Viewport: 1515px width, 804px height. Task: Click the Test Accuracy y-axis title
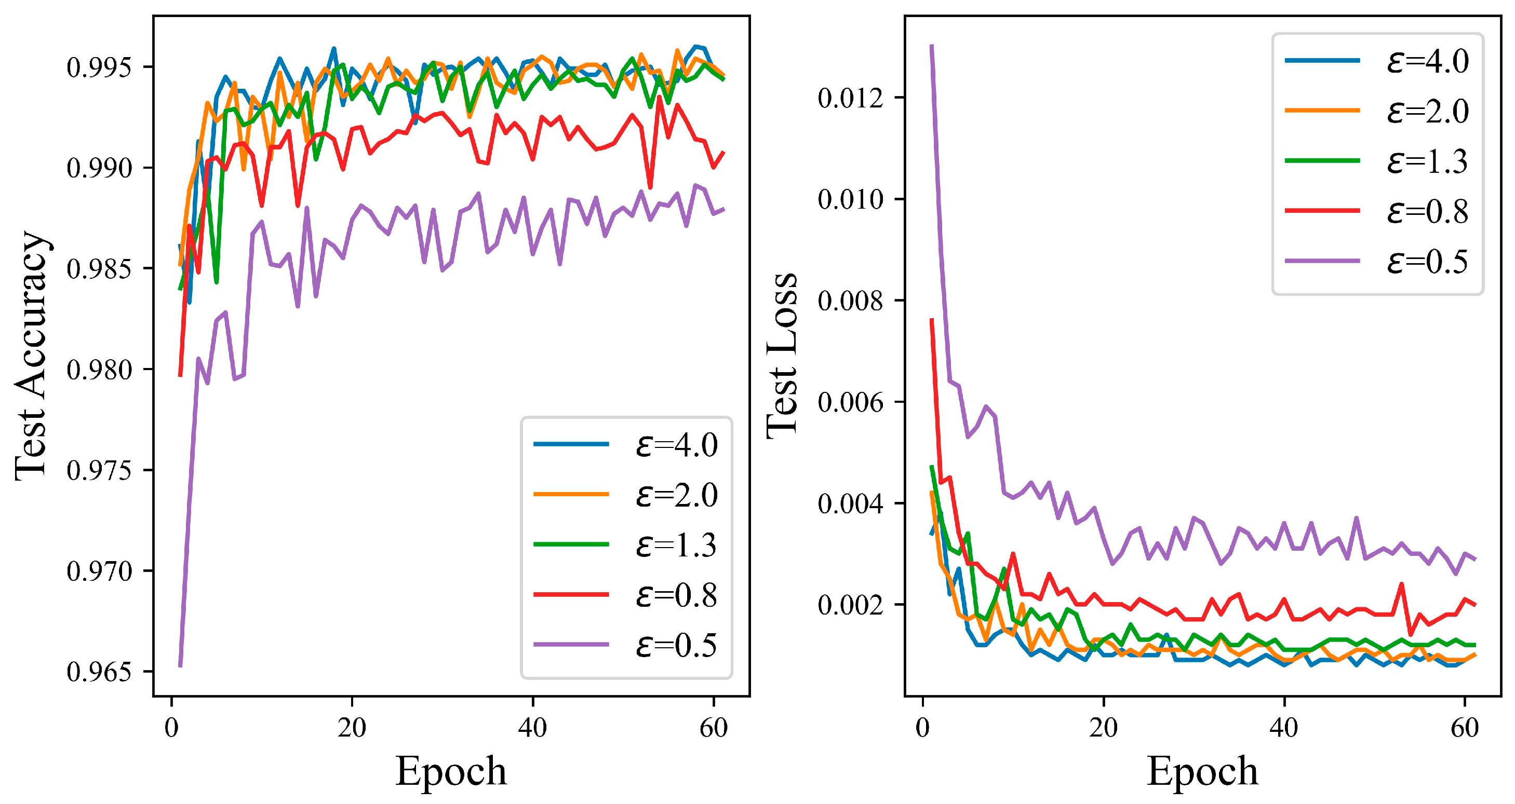click(x=31, y=356)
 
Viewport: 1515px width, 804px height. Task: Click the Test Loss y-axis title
click(x=782, y=356)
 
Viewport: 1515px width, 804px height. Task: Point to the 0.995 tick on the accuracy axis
click(x=99, y=67)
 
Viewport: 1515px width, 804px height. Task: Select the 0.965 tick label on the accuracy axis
click(x=99, y=672)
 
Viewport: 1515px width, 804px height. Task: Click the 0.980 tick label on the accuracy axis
click(x=99, y=370)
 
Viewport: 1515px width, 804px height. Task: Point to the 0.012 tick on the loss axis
click(x=850, y=98)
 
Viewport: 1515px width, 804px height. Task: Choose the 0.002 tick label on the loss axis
click(x=850, y=605)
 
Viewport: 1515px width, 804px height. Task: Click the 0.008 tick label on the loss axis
click(x=850, y=301)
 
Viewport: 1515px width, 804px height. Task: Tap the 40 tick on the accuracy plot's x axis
click(x=532, y=728)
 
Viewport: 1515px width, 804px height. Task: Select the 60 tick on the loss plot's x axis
click(x=1465, y=728)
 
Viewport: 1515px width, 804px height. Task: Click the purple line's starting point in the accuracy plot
click(x=180, y=666)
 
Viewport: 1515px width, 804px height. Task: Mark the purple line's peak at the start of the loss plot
click(x=932, y=46)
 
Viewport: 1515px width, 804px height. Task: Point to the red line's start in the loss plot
click(x=932, y=320)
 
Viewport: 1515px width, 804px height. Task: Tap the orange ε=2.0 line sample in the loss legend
click(x=1322, y=111)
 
